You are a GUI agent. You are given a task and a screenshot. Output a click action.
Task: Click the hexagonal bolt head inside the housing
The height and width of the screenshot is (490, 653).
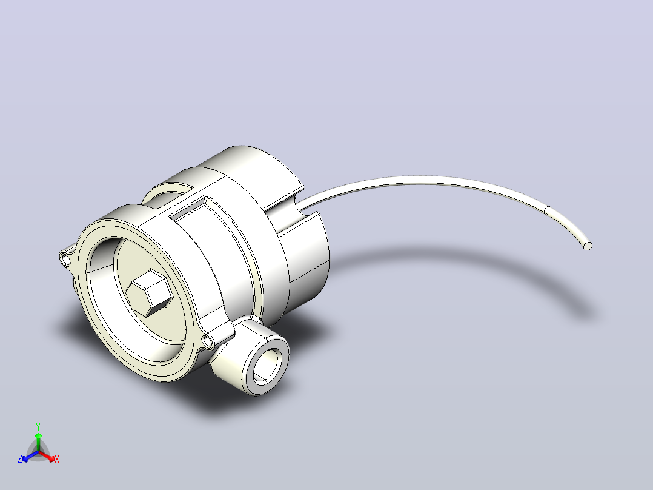click(149, 292)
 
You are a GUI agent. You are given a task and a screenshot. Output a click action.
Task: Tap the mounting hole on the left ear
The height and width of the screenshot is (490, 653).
click(66, 260)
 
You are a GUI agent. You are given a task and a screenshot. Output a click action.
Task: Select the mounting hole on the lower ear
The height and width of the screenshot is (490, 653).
click(207, 342)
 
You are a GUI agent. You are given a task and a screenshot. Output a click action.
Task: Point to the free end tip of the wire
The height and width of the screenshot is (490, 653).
click(588, 246)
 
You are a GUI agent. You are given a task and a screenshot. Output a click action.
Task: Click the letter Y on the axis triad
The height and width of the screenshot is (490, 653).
click(38, 426)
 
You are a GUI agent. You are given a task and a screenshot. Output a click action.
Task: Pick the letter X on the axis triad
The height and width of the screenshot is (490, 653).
click(57, 459)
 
